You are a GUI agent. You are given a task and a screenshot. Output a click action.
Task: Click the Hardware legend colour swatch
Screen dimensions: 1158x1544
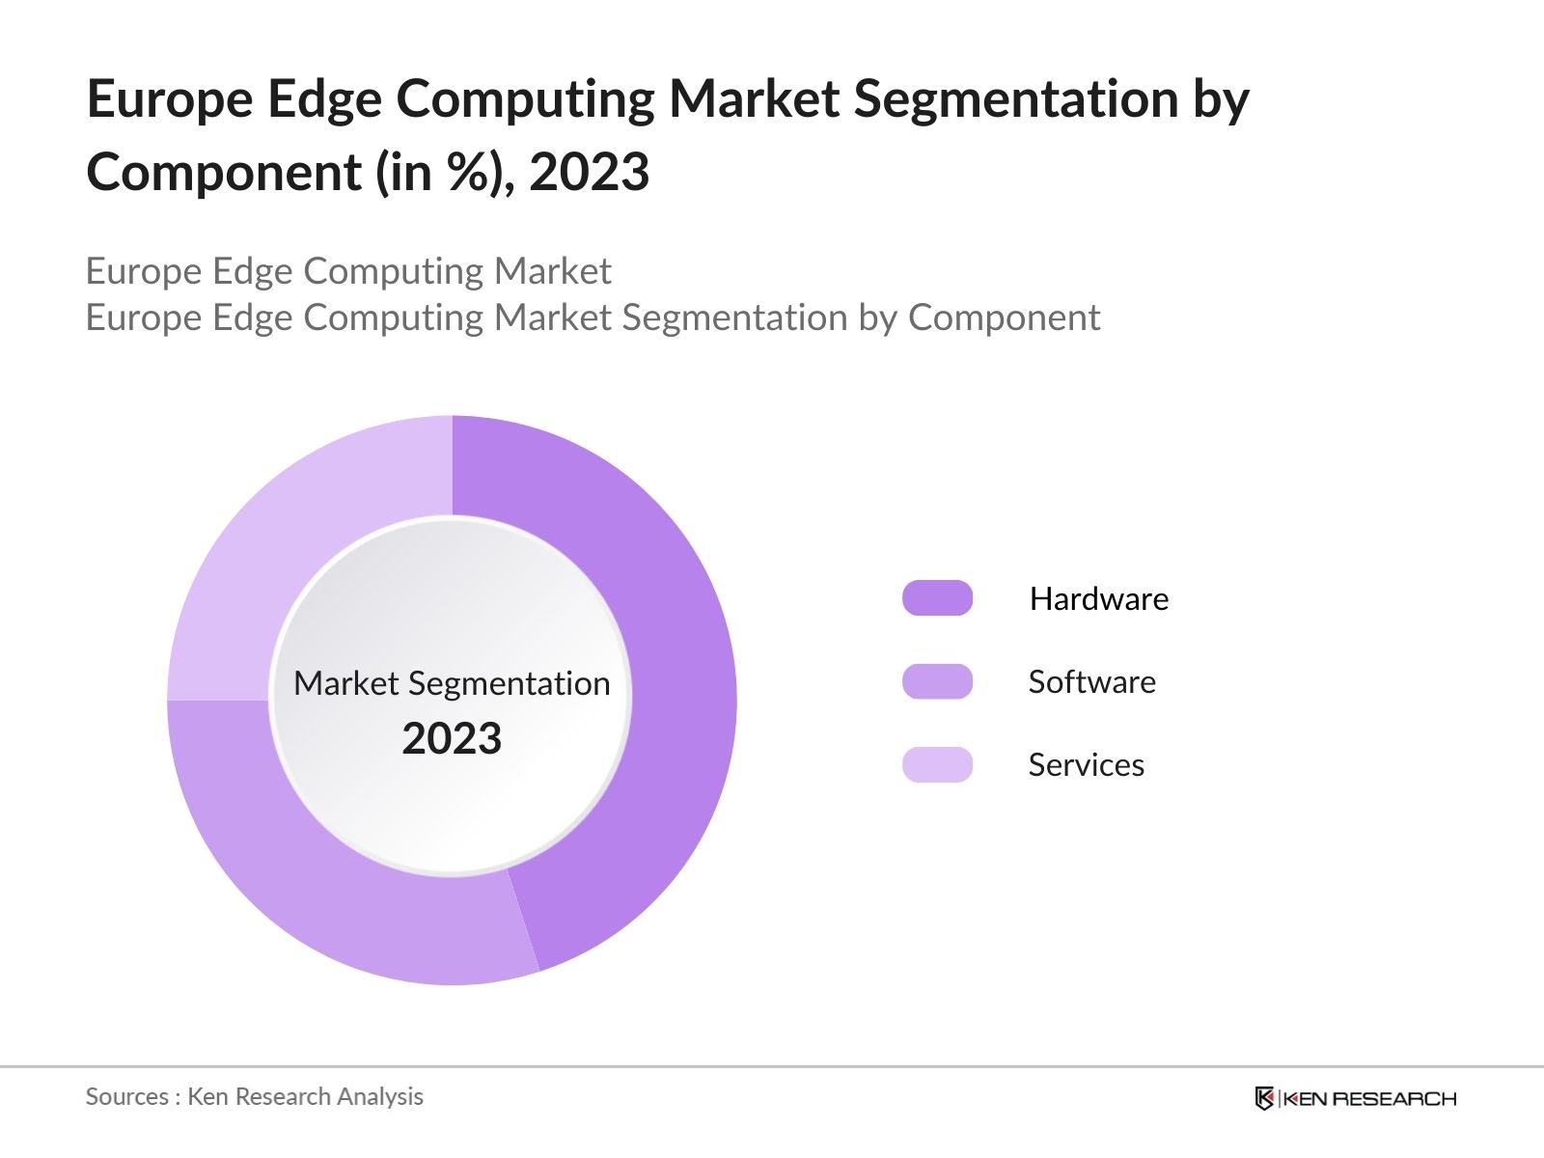point(937,598)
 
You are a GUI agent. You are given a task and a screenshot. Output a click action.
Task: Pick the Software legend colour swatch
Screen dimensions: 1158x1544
point(937,681)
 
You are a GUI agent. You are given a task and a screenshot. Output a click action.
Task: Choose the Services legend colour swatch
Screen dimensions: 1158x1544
point(937,764)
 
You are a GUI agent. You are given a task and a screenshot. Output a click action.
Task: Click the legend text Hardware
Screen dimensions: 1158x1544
point(1098,599)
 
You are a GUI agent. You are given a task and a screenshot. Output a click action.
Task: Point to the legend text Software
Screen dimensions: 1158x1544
point(1091,682)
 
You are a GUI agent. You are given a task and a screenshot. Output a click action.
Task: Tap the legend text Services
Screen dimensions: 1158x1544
point(1086,765)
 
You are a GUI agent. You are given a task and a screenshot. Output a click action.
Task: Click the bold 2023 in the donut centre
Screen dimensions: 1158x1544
point(452,739)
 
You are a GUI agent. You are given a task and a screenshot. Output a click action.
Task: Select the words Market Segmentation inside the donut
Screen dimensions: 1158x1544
point(452,683)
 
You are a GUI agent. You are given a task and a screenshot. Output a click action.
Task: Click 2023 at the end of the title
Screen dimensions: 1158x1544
point(589,174)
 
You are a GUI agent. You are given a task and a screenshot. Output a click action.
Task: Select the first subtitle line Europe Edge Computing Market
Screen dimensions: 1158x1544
point(348,271)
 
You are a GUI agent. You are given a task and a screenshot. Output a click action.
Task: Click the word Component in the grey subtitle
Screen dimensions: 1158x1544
point(1004,317)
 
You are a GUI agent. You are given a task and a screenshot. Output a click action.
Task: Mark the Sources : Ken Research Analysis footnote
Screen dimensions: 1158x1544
point(255,1096)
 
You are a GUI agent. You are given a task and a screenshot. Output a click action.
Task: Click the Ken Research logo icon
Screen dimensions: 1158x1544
point(1264,1098)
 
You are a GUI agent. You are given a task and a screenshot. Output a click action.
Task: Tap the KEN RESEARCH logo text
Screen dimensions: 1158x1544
point(1368,1098)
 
